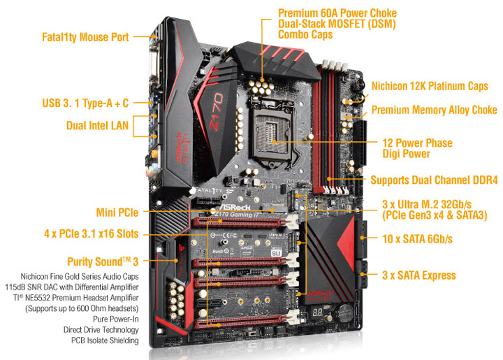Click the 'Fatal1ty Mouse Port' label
(85, 37)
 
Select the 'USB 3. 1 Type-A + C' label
(85, 103)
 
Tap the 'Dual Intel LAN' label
(97, 125)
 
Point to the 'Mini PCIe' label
(117, 213)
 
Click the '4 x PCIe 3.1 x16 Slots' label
(91, 233)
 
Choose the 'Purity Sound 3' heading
(103, 261)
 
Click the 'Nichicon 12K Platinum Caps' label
(430, 86)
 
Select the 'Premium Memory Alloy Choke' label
(434, 110)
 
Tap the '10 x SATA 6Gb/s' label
(417, 238)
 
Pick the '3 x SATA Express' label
(418, 275)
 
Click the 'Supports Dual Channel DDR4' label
(434, 180)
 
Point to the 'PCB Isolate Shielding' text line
(105, 340)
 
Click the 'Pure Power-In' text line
(116, 319)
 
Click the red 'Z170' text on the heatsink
(217, 111)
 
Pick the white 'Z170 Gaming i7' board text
(238, 214)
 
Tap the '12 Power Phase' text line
(417, 143)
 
